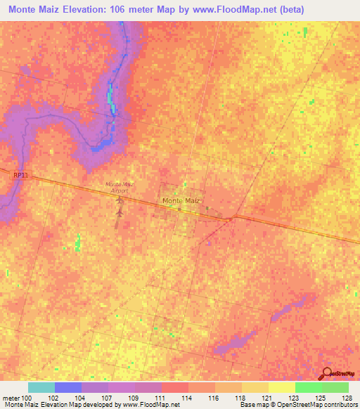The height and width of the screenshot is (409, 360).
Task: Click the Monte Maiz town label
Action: [x=182, y=201]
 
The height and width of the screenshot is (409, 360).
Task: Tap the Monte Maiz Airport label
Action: [x=119, y=187]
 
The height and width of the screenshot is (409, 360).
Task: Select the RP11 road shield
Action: [x=22, y=175]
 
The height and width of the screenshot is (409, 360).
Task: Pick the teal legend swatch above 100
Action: [x=41, y=387]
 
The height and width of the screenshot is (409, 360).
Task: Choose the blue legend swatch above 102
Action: [x=68, y=387]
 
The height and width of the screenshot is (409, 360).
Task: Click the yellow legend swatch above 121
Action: [x=282, y=387]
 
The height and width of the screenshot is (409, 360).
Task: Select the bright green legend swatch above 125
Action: [x=309, y=387]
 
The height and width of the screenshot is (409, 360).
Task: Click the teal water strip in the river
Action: [x=110, y=98]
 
